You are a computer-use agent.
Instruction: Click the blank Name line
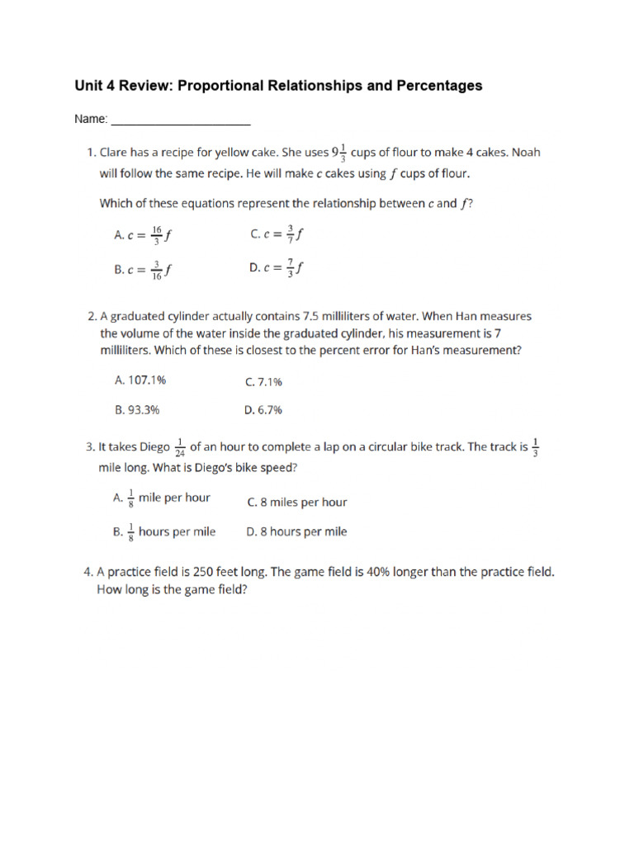click(180, 120)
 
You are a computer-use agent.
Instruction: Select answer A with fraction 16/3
click(142, 234)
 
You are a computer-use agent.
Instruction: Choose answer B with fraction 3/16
click(142, 269)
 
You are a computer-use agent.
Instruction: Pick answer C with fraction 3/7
click(277, 234)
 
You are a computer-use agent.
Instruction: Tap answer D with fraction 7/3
click(277, 268)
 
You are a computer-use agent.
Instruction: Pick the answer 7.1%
click(264, 382)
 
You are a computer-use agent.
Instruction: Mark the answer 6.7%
click(264, 409)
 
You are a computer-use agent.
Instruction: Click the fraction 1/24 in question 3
click(180, 448)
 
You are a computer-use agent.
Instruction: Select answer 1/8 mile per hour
click(161, 498)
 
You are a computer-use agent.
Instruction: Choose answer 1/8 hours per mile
click(163, 532)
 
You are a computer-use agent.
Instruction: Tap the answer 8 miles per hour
click(297, 502)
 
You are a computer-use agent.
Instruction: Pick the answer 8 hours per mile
click(297, 532)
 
